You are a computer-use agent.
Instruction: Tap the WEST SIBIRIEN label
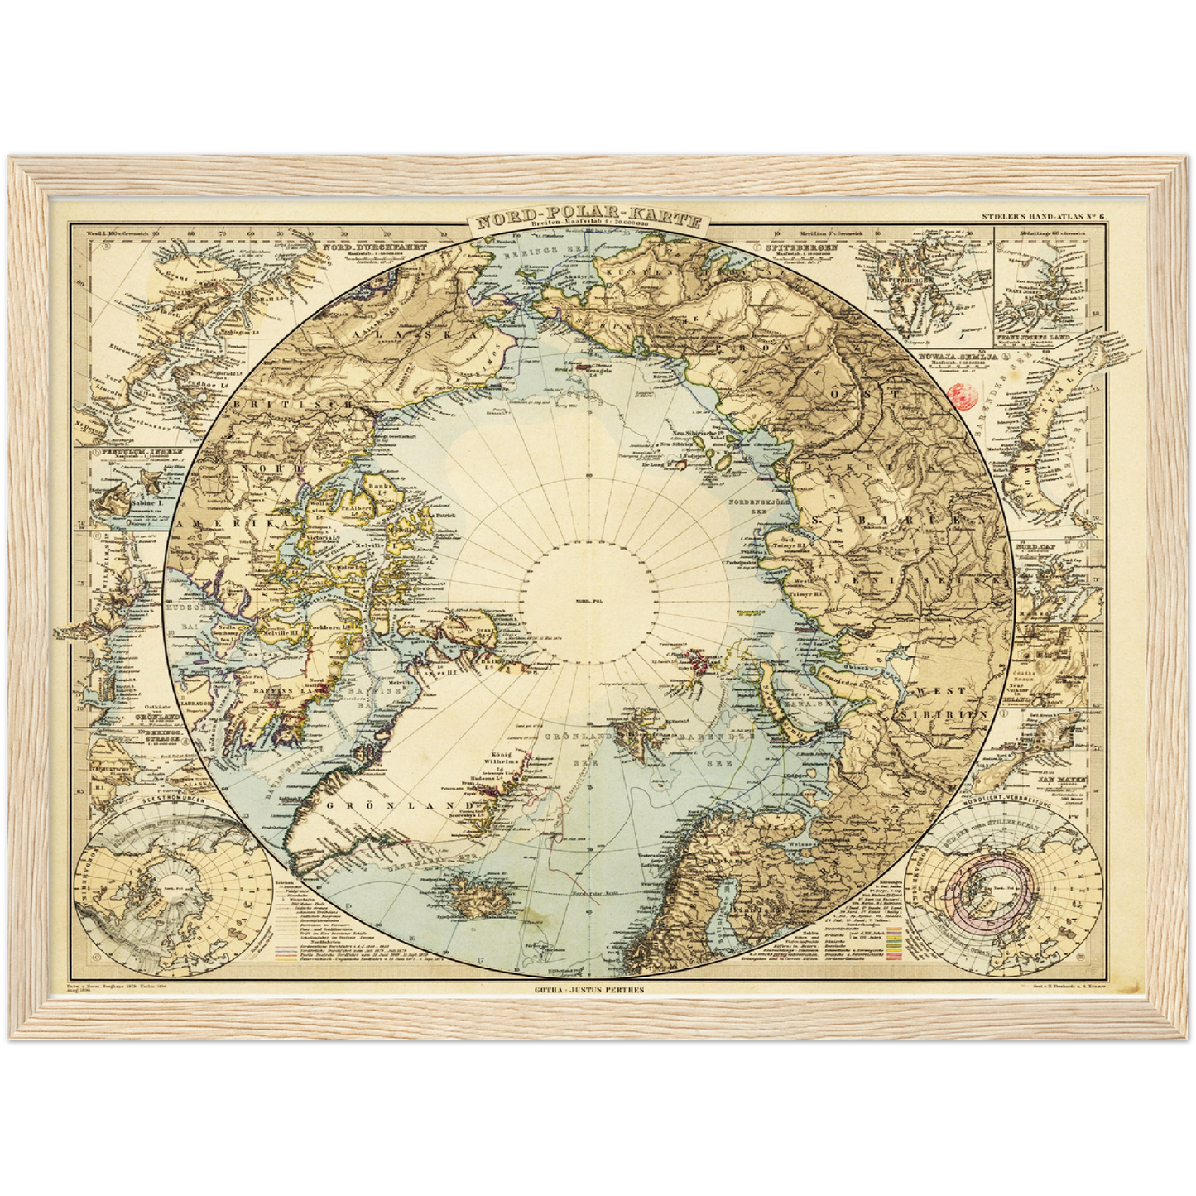950,701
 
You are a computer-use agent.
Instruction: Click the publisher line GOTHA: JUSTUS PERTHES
588,988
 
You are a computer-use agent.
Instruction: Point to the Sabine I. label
142,502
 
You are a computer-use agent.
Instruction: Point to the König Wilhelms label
499,758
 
